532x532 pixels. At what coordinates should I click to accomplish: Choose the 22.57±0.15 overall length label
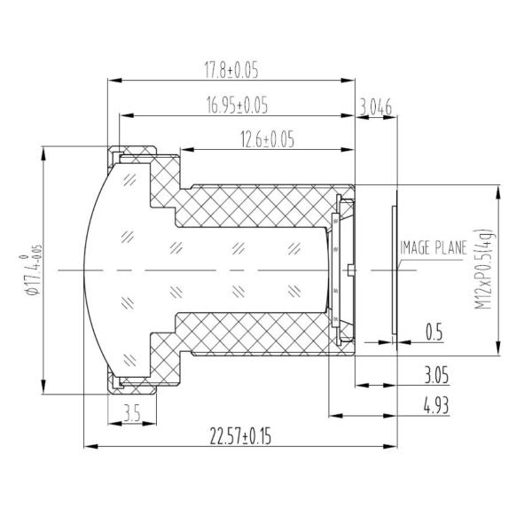240,436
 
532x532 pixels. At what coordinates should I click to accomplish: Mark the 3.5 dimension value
131,412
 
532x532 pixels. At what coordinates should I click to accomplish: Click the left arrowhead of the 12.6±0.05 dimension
181,149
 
